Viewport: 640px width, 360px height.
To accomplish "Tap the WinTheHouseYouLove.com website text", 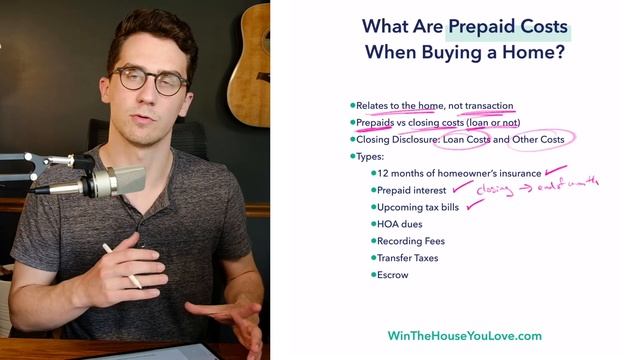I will click(464, 336).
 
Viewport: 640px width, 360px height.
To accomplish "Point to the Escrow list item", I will click(393, 275).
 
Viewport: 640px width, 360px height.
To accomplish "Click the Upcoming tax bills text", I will click(418, 207).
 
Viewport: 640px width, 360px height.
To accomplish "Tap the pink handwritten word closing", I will click(499, 189).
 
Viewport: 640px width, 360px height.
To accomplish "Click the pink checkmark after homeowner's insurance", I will click(555, 172).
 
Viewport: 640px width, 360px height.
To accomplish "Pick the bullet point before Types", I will click(353, 156).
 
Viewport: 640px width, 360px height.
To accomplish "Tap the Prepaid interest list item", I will click(412, 190).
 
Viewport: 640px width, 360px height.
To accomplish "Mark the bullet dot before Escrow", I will click(372, 275).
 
